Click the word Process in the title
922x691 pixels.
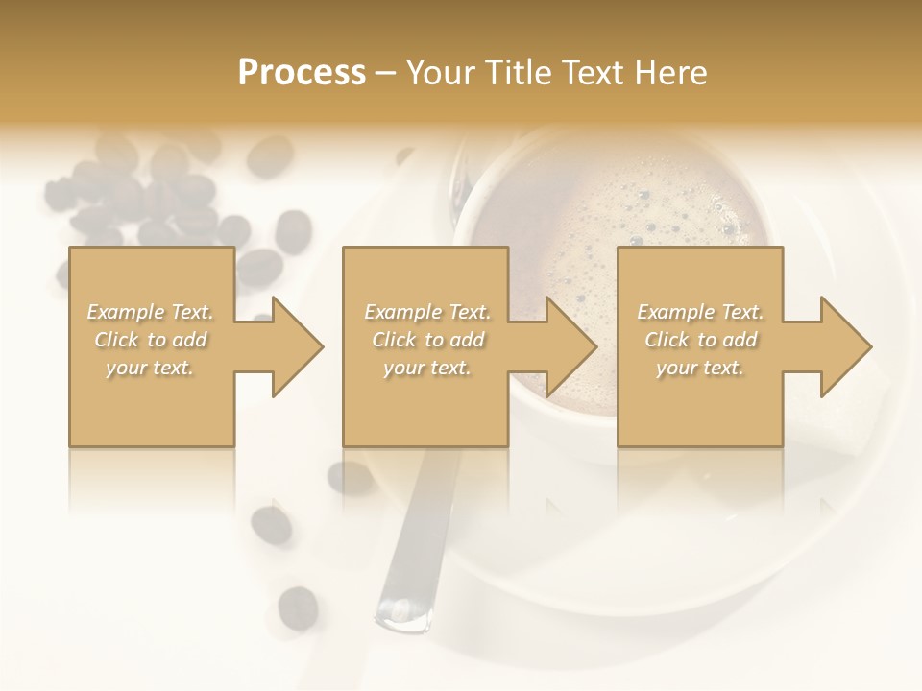coord(302,73)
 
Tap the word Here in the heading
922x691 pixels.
coord(671,73)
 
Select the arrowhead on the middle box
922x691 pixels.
coord(570,346)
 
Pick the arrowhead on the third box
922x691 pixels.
coord(844,346)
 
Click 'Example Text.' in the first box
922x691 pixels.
coord(150,312)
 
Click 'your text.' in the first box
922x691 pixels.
coord(150,368)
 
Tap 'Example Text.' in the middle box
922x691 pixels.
coord(427,312)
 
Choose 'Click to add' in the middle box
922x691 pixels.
coord(427,340)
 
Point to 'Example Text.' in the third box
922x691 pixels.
coord(700,312)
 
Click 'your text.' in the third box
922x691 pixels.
coord(700,368)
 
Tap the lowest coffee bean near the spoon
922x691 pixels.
coord(298,607)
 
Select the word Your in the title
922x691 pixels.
coord(439,73)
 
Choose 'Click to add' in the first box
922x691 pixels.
coord(150,340)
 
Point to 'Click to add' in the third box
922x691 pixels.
coord(700,340)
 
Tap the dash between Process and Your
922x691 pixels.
coord(386,73)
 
